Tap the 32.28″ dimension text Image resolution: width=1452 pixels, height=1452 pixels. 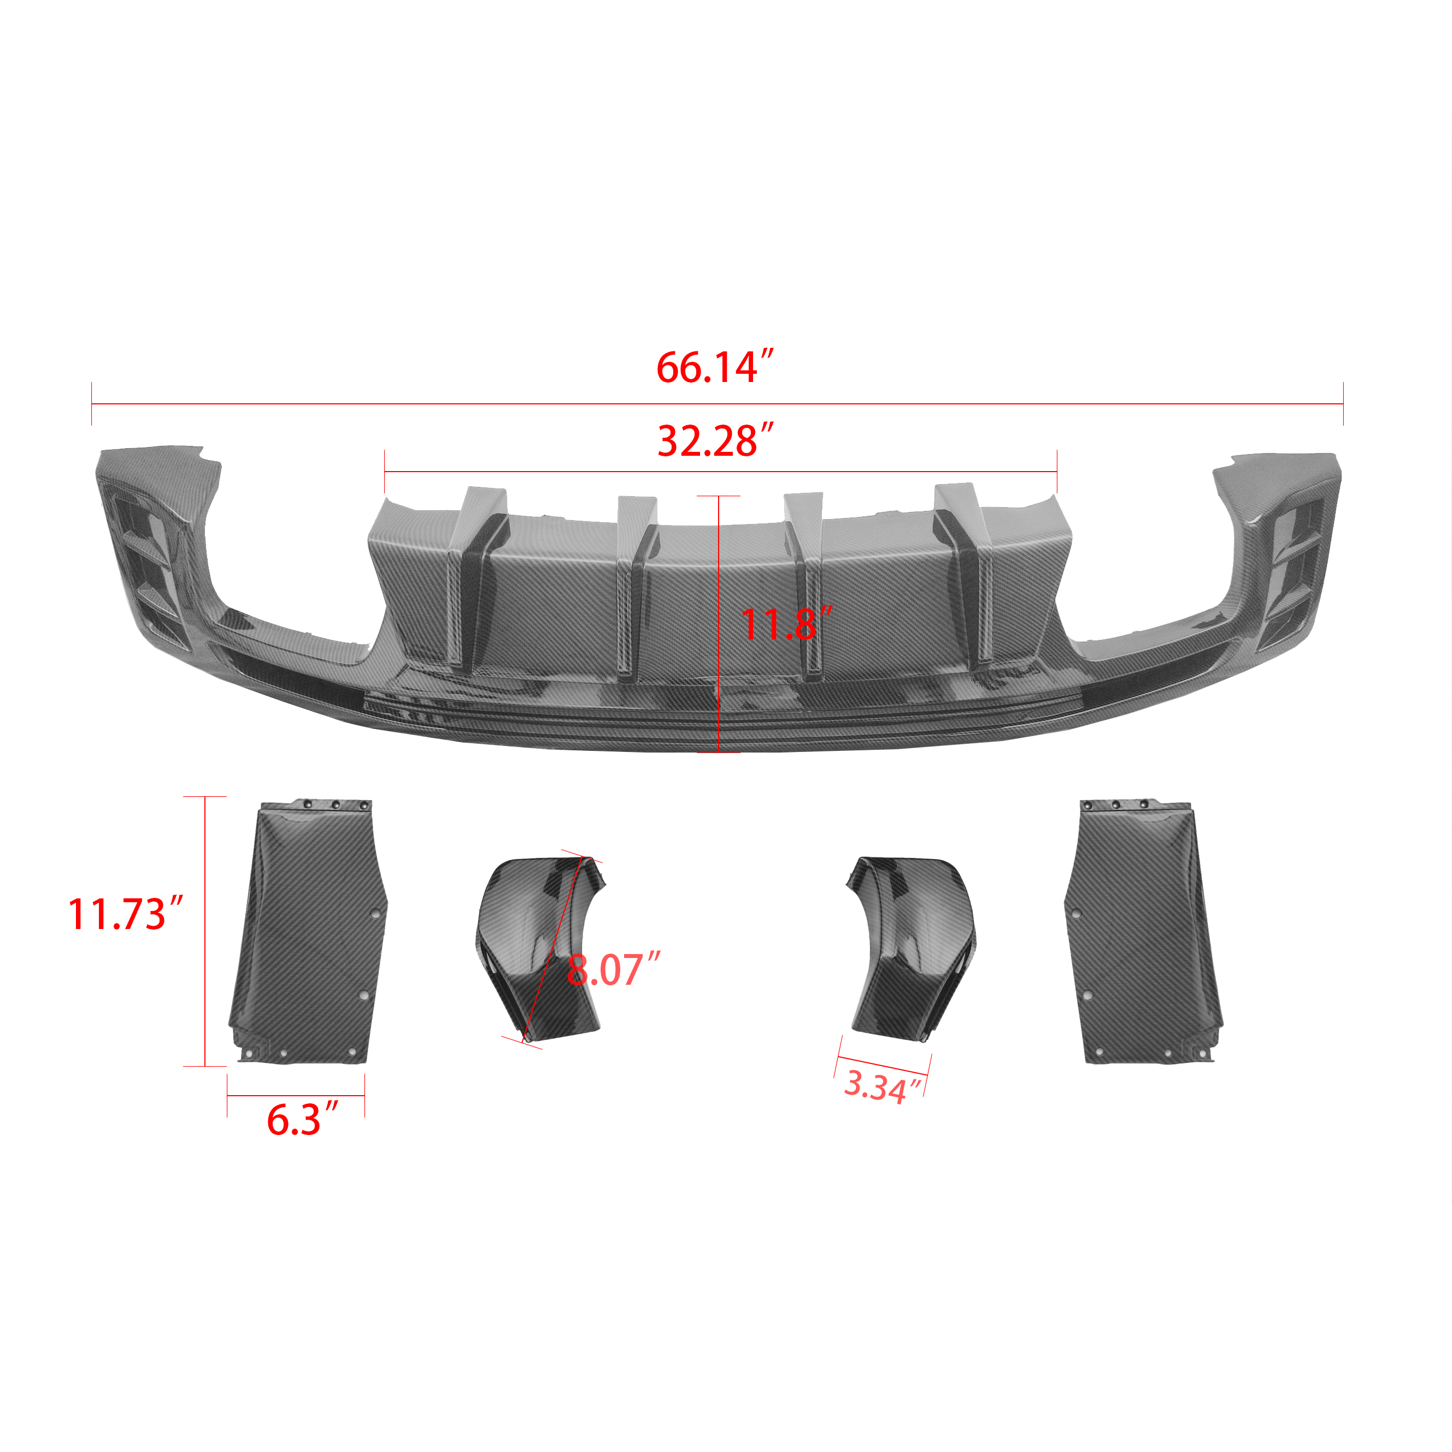click(x=715, y=440)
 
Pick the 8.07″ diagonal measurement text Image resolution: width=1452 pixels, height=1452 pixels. click(x=613, y=969)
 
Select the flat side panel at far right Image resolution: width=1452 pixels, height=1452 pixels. click(x=1142, y=932)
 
